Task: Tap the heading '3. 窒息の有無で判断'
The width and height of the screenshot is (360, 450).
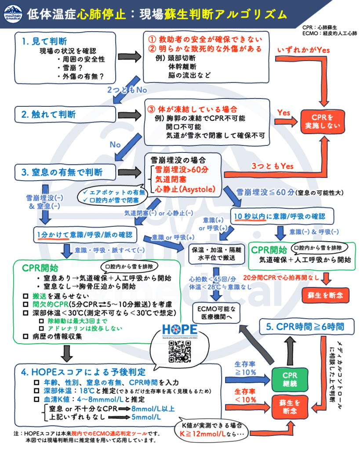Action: click(61, 170)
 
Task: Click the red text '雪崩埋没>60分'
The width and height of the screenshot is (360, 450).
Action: click(176, 170)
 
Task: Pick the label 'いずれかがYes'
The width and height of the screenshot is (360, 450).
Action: click(303, 50)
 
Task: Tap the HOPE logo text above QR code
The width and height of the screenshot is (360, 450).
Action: click(179, 330)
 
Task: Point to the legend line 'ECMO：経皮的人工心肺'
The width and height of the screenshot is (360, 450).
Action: click(330, 33)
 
